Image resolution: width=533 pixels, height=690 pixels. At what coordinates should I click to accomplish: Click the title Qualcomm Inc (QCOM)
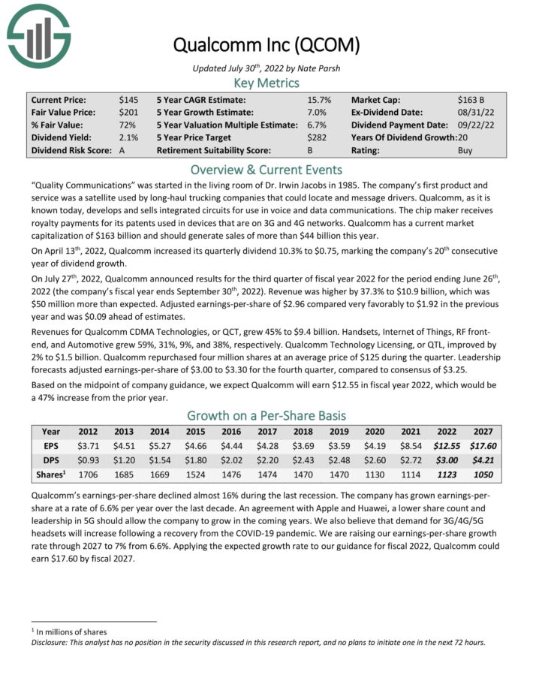266,45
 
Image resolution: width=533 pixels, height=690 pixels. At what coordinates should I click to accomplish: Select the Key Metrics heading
266,83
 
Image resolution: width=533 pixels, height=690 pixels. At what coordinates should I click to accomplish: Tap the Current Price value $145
128,99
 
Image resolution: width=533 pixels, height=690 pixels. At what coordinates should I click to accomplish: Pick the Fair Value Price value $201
128,112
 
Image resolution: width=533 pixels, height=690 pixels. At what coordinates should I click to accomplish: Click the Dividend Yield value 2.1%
128,137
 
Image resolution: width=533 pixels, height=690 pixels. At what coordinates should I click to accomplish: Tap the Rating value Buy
465,150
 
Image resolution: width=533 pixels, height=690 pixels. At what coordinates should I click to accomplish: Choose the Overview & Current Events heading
266,169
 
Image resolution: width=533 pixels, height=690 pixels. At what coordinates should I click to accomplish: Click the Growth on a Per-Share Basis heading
266,415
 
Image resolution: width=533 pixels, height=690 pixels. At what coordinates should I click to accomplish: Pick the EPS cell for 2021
411,445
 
